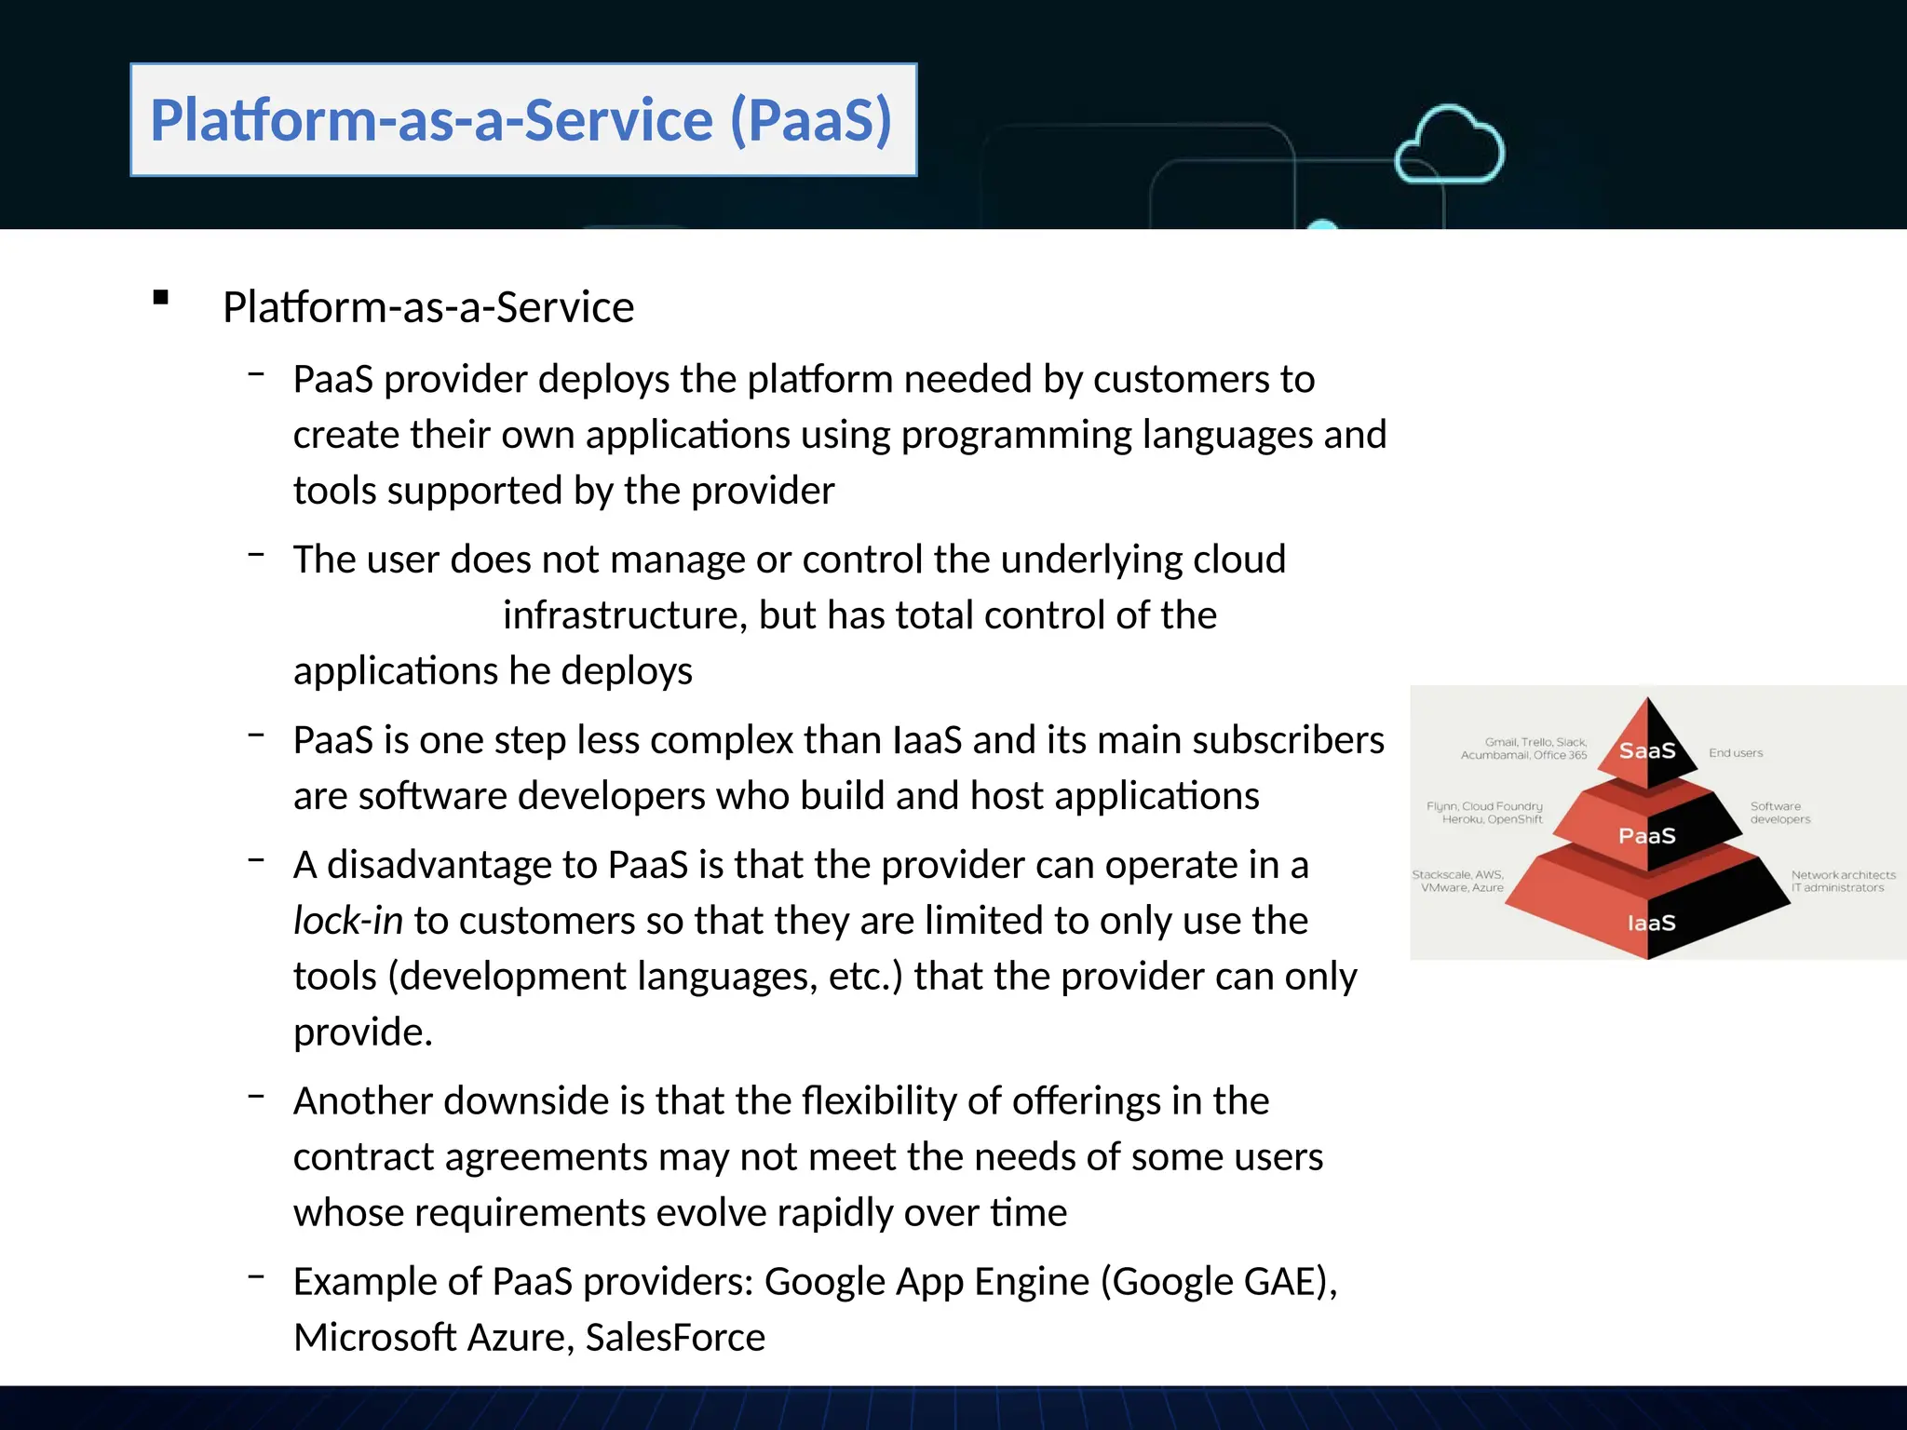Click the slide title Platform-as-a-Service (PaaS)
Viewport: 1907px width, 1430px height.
tap(521, 120)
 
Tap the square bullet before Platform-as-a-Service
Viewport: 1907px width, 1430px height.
tap(161, 298)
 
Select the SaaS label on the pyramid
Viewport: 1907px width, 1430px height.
tap(1646, 750)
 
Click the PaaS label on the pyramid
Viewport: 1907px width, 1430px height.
tap(1646, 835)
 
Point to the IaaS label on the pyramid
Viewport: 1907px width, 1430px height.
tap(1651, 923)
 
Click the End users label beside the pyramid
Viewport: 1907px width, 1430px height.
tap(1736, 752)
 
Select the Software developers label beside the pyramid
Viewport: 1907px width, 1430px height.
tap(1779, 813)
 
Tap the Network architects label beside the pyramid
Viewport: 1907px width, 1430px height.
tap(1843, 881)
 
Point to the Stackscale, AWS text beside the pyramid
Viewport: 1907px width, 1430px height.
tap(1459, 881)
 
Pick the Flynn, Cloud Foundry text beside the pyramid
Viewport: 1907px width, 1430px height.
tap(1485, 813)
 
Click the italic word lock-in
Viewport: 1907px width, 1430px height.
tap(347, 921)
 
